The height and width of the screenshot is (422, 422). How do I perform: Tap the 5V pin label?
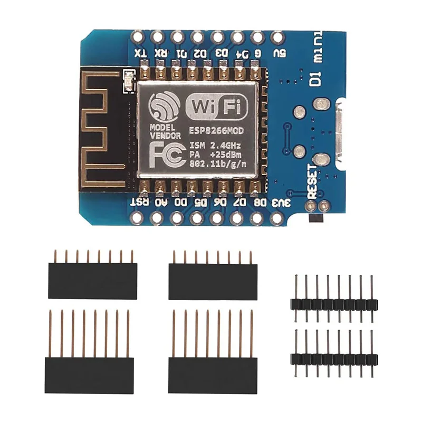point(276,53)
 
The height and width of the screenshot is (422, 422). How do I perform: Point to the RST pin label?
point(139,202)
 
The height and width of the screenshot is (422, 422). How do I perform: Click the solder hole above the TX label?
point(138,37)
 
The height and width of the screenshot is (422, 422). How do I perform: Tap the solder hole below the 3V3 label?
point(276,217)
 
